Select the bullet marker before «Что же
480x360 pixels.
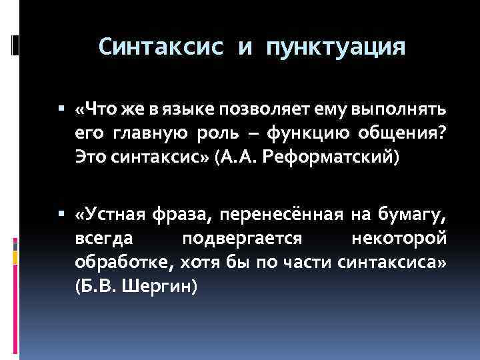click(61, 107)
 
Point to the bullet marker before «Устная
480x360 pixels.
click(61, 215)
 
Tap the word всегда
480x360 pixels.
click(103, 239)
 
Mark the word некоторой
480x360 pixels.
click(397, 239)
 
